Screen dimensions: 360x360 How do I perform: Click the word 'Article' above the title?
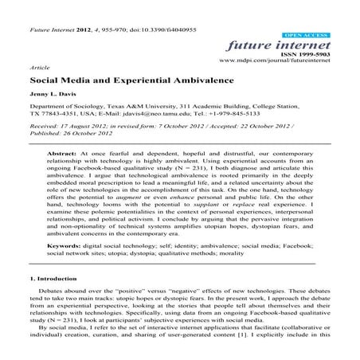click(38, 69)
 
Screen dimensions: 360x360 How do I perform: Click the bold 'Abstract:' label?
click(72, 153)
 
